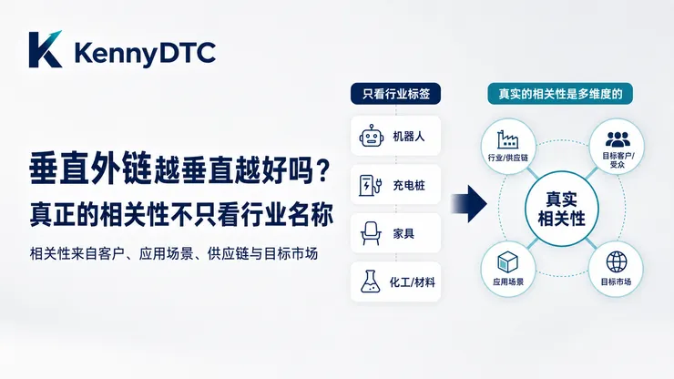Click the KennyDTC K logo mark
click(46, 49)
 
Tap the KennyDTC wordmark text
click(145, 54)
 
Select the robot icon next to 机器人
click(372, 136)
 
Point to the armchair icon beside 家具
click(371, 233)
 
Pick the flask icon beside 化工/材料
click(370, 282)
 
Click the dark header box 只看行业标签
click(396, 94)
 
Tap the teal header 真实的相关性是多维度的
click(560, 94)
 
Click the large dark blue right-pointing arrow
click(468, 204)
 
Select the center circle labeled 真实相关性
click(562, 209)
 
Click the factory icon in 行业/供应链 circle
click(507, 139)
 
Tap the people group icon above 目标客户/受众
click(618, 139)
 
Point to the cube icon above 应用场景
click(507, 262)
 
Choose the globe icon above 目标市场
click(617, 261)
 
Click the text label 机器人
click(409, 137)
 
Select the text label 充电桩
click(409, 186)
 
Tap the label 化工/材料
click(413, 282)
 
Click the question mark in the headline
click(323, 170)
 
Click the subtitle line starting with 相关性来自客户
click(174, 253)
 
